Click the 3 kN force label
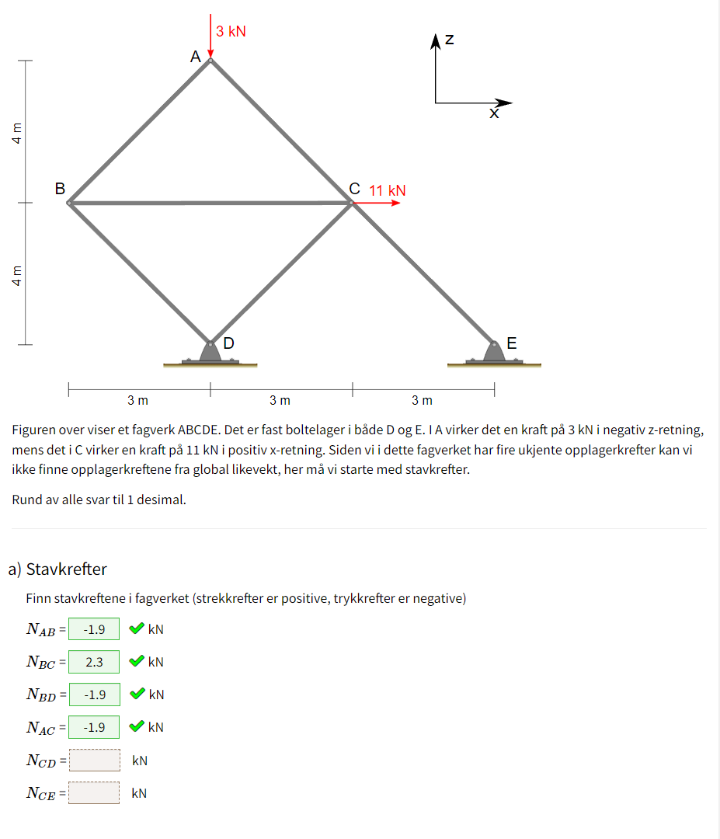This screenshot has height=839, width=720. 231,32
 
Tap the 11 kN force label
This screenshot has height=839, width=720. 387,190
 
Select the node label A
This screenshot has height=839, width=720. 195,57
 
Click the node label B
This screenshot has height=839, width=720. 59,189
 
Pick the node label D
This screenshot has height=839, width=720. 229,343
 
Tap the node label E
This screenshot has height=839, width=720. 511,343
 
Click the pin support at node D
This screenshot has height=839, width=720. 210,353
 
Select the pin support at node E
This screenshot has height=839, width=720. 494,353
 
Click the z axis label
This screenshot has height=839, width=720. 450,40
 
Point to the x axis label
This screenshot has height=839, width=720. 493,114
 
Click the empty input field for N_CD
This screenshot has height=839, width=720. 94,761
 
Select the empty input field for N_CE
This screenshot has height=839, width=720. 94,793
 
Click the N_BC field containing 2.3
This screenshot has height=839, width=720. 94,662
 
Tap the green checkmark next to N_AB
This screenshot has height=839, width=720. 136,628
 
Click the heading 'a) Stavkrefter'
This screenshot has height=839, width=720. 57,569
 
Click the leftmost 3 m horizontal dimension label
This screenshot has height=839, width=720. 137,401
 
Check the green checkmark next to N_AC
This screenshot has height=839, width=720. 136,727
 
